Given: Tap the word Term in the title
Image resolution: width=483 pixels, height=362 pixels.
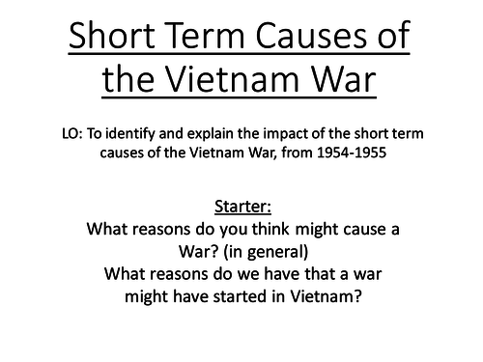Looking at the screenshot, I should [214, 41].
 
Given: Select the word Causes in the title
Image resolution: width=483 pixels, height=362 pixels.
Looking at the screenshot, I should [314, 41].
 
